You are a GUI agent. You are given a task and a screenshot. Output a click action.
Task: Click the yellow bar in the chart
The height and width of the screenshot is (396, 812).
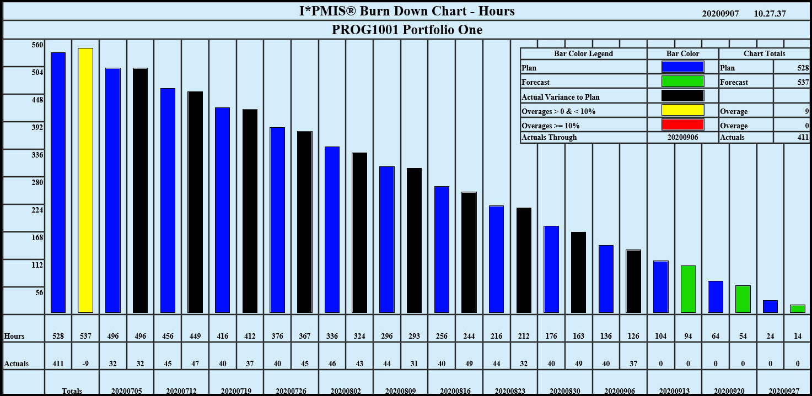point(85,180)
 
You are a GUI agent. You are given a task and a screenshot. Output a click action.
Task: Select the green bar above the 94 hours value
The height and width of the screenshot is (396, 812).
point(688,289)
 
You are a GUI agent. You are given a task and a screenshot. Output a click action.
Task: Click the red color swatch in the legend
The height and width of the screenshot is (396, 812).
point(682,125)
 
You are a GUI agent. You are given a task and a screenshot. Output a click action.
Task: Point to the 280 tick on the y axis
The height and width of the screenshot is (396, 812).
point(37,183)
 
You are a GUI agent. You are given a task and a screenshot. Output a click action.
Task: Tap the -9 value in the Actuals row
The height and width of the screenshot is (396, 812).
point(85,364)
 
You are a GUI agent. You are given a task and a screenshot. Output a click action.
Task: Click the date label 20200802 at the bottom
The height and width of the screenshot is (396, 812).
point(345,391)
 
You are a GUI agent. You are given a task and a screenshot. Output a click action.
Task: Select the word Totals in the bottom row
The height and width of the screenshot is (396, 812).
point(72,391)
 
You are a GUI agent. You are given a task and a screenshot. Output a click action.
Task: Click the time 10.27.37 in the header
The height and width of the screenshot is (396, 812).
point(770,14)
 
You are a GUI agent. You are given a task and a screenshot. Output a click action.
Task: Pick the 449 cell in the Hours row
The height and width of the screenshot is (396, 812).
point(195,336)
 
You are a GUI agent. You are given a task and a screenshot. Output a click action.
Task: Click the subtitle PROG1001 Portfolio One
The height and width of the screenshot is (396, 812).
point(406,30)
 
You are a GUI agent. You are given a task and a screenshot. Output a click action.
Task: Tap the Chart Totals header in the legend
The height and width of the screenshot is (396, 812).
point(764,54)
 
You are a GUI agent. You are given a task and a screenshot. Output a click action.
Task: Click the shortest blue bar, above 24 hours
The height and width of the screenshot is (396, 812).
point(770,306)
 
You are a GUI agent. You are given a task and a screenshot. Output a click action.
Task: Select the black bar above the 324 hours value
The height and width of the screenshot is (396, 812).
point(359,232)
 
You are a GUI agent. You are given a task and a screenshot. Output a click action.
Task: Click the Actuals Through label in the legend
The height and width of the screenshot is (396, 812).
point(549,137)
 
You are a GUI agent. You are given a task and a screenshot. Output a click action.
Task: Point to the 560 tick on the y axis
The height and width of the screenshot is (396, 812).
point(37,45)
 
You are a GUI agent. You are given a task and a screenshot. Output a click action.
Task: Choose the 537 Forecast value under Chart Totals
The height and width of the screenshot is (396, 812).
point(803,83)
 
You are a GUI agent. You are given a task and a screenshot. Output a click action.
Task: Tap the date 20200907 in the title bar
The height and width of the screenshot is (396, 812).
point(720,14)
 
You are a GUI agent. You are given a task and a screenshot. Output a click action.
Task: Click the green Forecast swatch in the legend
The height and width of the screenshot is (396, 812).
point(682,82)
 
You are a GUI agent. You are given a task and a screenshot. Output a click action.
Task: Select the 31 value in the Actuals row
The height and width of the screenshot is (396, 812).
point(415,364)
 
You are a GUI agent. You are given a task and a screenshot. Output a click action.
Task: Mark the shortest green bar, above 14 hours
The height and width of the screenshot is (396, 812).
point(797,308)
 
